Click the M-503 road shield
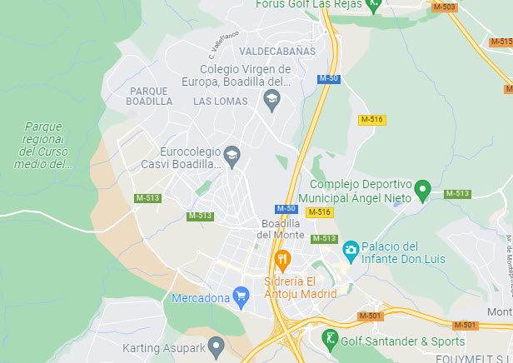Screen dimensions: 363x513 (x=445, y=7)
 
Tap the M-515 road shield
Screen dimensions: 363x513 (x=501, y=41)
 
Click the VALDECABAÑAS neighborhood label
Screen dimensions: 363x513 (x=277, y=51)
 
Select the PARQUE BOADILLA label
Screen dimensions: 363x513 (x=150, y=95)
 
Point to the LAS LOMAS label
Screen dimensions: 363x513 (x=221, y=101)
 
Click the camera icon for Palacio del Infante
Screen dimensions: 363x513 (x=351, y=249)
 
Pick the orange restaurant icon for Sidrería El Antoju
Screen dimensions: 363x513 (x=283, y=259)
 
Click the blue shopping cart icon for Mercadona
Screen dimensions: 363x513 (x=242, y=296)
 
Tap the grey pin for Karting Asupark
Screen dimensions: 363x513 (x=217, y=344)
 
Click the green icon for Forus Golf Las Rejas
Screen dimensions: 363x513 (x=375, y=5)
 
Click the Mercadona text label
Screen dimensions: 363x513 (x=199, y=297)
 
